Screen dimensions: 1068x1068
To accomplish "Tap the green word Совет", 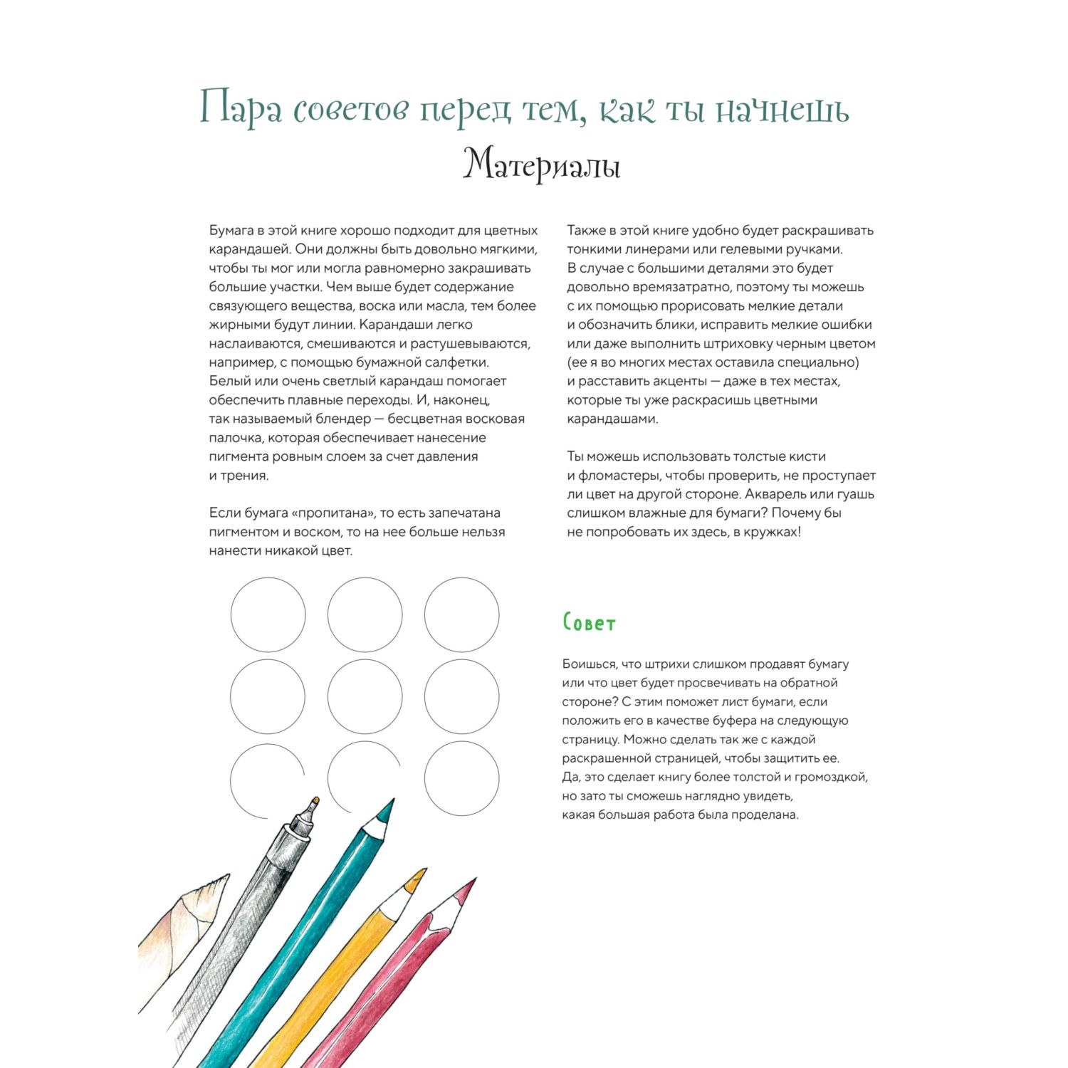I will coord(589,623).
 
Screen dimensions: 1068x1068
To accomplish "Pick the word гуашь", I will coord(854,494).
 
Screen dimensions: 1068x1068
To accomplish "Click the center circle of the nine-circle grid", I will coord(365,696).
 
